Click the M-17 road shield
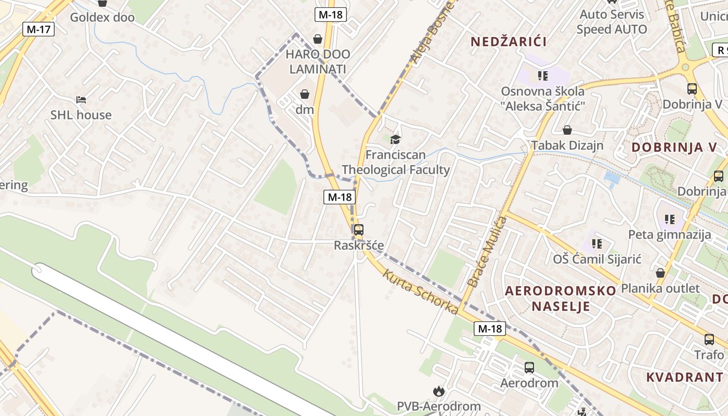point(38,29)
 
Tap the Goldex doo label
point(102,17)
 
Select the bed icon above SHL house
point(81,99)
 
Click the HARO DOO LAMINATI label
point(318,61)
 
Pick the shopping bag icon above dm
point(305,94)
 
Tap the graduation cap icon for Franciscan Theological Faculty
point(396,139)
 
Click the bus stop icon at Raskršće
point(358,230)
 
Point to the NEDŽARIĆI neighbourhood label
point(509,42)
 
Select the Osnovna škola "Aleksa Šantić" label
point(543,99)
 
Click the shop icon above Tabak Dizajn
point(567,130)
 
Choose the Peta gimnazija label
point(670,234)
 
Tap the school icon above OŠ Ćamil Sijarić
point(596,243)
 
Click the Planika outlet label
point(660,288)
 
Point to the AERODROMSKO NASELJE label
point(561,298)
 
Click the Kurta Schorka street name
point(421,291)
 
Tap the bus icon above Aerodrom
point(529,368)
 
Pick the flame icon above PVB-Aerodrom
point(439,391)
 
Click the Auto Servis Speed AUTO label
point(612,22)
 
